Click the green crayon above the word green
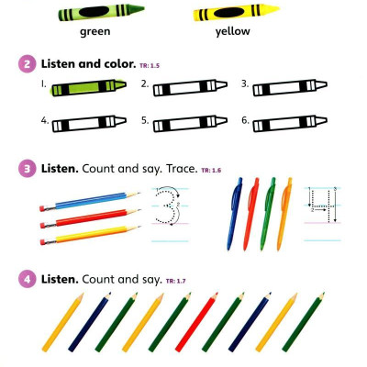[x=101, y=12]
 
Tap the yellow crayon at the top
[x=236, y=13]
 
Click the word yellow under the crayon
[x=233, y=31]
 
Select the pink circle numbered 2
[x=28, y=64]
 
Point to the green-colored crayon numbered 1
[x=89, y=87]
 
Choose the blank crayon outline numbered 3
[x=290, y=87]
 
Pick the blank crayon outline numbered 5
[x=190, y=124]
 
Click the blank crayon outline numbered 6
[x=290, y=124]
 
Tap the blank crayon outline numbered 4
[x=89, y=124]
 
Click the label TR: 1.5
[x=150, y=65]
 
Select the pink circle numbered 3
[x=28, y=169]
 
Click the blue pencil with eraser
[x=90, y=201]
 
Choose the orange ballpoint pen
[x=284, y=214]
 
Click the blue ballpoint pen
[x=235, y=214]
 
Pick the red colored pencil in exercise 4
[x=196, y=322]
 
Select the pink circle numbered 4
[x=28, y=279]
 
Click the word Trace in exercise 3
[x=182, y=169]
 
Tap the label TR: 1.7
[x=176, y=281]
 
